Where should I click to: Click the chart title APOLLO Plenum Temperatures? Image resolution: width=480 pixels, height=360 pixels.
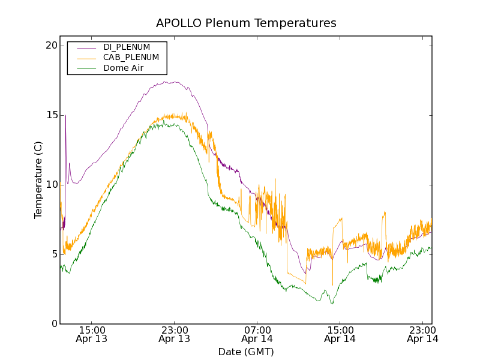246,23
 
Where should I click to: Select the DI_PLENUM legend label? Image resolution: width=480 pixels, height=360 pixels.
127,47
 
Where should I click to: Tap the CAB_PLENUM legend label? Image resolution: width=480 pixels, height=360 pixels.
131,58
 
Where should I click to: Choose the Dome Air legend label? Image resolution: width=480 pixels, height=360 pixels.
124,68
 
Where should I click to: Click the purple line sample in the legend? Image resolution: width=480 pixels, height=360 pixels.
86,47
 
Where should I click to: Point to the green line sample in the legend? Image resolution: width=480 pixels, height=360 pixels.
86,68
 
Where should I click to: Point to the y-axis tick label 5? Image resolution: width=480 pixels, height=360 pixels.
53,254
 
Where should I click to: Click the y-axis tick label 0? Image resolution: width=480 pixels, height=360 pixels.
53,324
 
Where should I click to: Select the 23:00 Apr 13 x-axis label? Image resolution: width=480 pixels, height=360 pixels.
174,334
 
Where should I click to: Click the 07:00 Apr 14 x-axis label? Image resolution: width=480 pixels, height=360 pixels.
257,334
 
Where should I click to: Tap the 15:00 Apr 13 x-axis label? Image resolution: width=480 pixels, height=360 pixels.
91,334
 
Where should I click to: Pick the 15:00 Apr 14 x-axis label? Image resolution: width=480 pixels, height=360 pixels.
340,334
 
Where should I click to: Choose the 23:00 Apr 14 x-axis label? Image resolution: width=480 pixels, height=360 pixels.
422,334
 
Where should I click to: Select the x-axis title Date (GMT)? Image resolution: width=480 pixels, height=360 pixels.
246,352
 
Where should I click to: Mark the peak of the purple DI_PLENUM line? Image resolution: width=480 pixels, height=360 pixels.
174,82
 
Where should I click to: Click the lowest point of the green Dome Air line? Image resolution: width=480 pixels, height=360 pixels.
332,304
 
